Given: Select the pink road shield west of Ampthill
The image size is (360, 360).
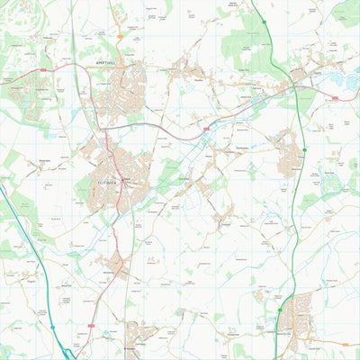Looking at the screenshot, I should (x=40, y=70).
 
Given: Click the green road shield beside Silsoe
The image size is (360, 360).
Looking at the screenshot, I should (x=304, y=148).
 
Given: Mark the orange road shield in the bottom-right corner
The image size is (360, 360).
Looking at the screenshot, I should (x=345, y=344).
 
